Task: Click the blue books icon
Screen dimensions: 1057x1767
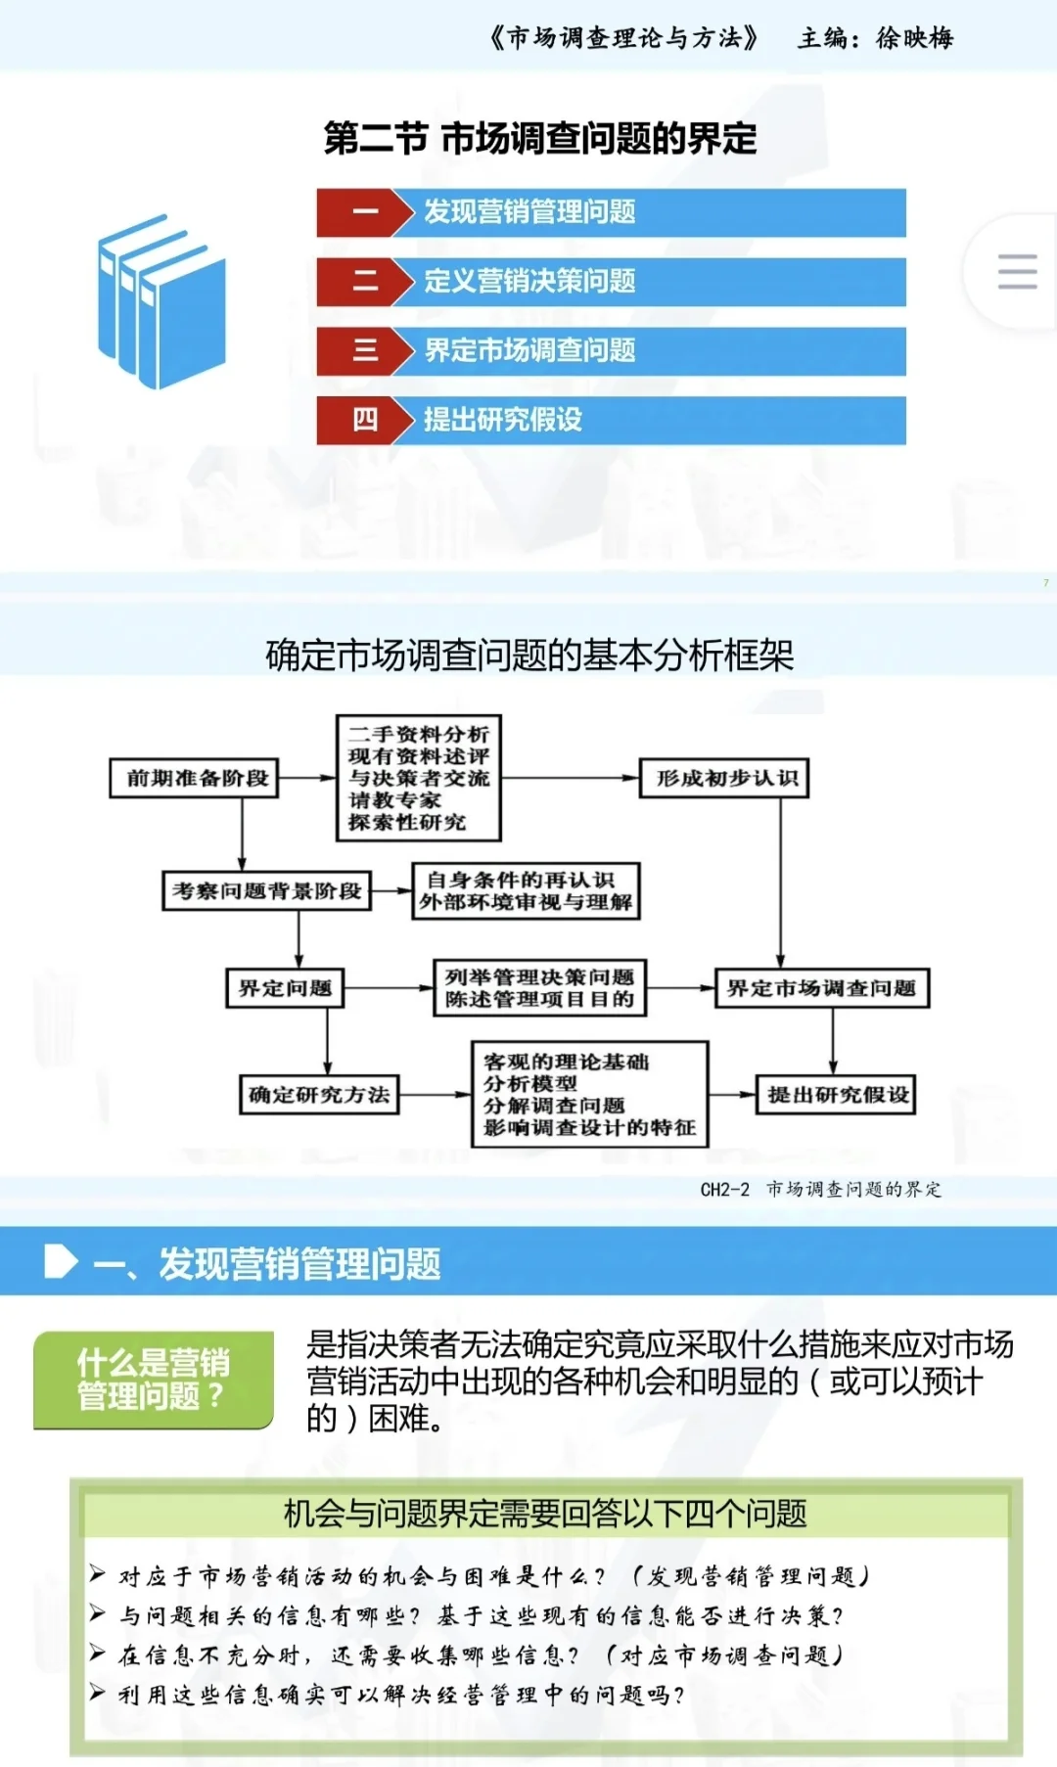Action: [161, 301]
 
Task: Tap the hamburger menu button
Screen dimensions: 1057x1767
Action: [1016, 271]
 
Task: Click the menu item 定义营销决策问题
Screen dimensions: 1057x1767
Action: [529, 282]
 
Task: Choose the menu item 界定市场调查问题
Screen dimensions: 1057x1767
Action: [529, 350]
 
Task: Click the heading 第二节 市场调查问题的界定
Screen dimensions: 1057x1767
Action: [540, 139]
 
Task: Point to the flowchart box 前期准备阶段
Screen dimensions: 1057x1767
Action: [195, 779]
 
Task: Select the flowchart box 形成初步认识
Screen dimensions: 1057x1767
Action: [724, 779]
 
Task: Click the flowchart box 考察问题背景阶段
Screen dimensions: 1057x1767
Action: [266, 891]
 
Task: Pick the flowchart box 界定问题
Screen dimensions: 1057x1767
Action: [285, 988]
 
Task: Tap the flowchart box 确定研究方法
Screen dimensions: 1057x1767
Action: [319, 1095]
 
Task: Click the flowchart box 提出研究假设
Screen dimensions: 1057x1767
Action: [837, 1095]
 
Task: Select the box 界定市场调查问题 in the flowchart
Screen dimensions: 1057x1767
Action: [821, 988]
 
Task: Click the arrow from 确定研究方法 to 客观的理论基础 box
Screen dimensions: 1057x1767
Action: [436, 1095]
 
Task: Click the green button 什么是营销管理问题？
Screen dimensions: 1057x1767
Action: [154, 1380]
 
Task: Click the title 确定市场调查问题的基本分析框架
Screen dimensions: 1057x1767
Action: [529, 656]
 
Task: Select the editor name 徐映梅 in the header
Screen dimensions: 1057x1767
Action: [914, 38]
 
